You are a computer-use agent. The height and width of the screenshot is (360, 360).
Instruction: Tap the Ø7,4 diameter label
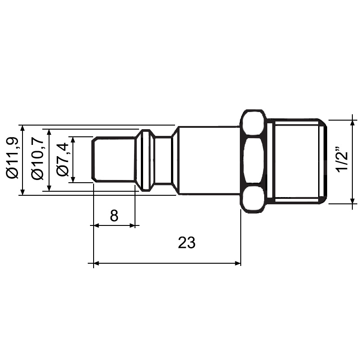pyautogui.click(x=63, y=159)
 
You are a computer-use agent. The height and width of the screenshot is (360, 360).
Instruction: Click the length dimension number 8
pyautogui.click(x=114, y=216)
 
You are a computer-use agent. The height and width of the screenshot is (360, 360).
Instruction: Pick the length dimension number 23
pyautogui.click(x=187, y=243)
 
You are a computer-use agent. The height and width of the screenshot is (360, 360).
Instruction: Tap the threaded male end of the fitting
pyautogui.click(x=295, y=161)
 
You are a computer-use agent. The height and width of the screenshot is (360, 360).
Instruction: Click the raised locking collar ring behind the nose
pyautogui.click(x=145, y=160)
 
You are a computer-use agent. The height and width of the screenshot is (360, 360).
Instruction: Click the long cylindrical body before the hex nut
pyautogui.click(x=207, y=160)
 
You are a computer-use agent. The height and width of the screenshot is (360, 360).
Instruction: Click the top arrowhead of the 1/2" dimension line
pyautogui.click(x=352, y=123)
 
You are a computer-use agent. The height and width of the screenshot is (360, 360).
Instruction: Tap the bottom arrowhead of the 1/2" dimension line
pyautogui.click(x=352, y=201)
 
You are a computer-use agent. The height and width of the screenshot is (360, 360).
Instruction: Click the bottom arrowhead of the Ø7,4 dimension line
pyautogui.click(x=73, y=180)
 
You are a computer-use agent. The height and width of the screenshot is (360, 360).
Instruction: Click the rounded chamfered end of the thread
pyautogui.click(x=323, y=161)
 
